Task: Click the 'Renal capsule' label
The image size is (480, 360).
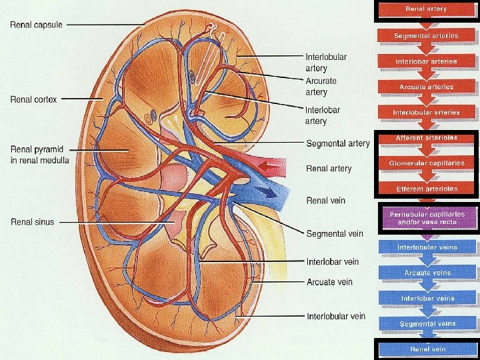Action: tap(36, 25)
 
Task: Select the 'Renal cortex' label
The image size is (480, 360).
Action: tap(33, 99)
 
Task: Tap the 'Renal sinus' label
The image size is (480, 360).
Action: tap(31, 222)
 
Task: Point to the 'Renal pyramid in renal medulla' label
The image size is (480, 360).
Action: tap(39, 154)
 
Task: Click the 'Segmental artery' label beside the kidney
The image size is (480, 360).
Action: tap(337, 143)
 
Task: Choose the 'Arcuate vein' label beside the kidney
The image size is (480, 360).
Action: tap(329, 282)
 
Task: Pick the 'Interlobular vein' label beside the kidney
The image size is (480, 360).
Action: tap(335, 315)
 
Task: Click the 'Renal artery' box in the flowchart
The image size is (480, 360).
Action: tap(426, 10)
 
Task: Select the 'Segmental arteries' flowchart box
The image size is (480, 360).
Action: tap(426, 36)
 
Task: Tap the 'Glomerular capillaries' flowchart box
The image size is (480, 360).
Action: tap(426, 163)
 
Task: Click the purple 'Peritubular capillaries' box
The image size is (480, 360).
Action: tap(426, 217)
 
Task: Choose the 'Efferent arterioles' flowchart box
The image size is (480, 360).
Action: tap(426, 189)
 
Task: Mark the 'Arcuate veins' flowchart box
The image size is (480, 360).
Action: tap(426, 273)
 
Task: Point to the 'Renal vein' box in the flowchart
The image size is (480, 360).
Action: tap(426, 349)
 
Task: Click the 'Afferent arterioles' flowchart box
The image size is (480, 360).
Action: tap(426, 139)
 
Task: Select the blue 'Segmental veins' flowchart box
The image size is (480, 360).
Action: tap(426, 324)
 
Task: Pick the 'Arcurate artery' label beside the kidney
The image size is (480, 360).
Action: tap(321, 86)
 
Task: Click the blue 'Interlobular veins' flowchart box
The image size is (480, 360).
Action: tap(426, 248)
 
